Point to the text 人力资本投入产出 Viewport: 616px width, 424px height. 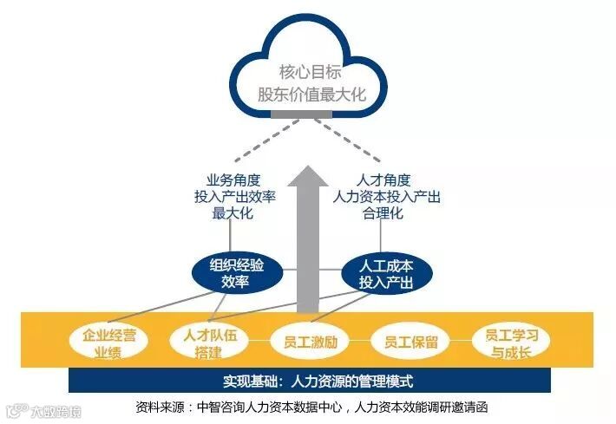click(386, 197)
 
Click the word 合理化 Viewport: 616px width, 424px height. click(386, 213)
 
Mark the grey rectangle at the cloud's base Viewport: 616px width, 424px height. click(310, 114)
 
